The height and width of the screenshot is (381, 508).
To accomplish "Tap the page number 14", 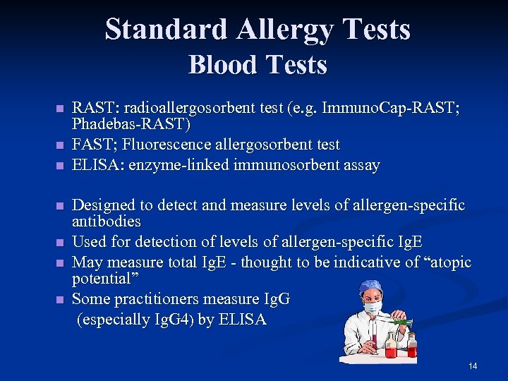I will pos(473,365).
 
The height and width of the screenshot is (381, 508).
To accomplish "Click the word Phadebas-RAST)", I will pos(131,125).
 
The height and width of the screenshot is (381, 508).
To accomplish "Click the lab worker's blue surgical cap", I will pos(369,286).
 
